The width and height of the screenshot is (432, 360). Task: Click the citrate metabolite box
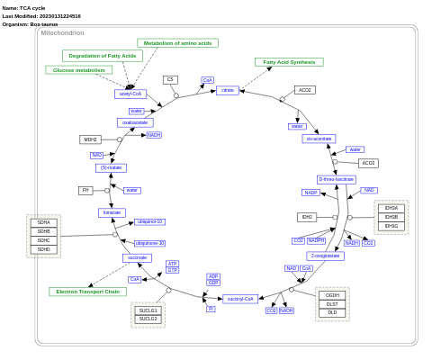pos(227,90)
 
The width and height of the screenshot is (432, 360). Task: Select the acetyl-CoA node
pos(130,94)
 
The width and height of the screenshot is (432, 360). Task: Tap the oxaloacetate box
pos(135,122)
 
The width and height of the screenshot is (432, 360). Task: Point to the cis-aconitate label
pos(319,139)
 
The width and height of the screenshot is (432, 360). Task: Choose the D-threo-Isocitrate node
pos(337,180)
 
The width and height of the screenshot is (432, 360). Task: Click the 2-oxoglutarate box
pos(325,256)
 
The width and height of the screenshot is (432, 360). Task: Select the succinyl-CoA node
pos(240,299)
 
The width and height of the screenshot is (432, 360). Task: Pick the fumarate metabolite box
pos(112,212)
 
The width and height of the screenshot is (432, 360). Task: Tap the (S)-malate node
pos(111,168)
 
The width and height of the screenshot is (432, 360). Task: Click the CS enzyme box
pos(170,79)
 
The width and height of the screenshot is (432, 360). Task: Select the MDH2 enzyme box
pos(90,139)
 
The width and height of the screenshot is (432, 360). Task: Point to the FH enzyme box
pos(85,190)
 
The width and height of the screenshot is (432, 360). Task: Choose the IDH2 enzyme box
pos(307,217)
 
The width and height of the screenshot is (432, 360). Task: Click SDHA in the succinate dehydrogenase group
pos(43,222)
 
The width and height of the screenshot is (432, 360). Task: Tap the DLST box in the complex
pos(332,304)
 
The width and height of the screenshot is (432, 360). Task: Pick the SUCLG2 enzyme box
pos(148,319)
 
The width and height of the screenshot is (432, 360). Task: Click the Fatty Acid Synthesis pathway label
pos(289,62)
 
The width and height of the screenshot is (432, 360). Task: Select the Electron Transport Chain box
pos(87,292)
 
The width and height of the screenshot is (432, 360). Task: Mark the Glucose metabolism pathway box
pos(78,69)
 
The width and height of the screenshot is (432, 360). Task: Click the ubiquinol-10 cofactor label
pos(149,221)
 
